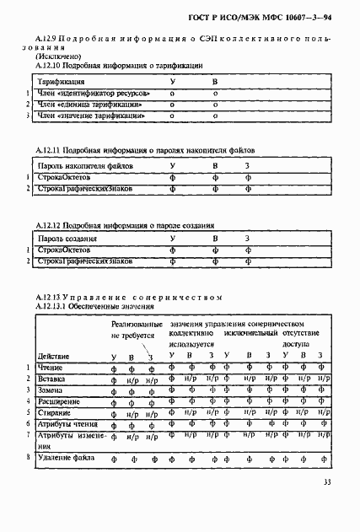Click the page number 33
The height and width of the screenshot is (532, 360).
(x=327, y=506)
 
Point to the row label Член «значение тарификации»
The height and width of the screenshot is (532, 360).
(x=91, y=115)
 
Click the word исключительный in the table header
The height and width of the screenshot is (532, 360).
(x=251, y=334)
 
